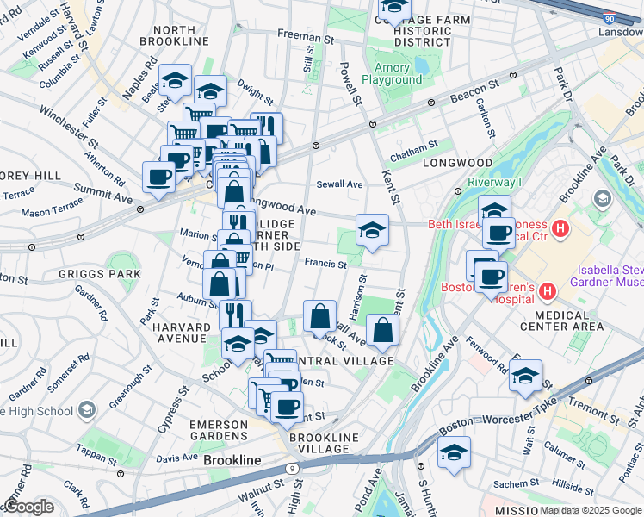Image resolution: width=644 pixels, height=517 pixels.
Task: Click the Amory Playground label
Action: pyautogui.click(x=398, y=73)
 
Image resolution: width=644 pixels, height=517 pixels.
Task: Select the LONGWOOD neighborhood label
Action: pyautogui.click(x=457, y=162)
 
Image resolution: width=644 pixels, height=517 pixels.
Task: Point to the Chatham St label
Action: pyautogui.click(x=413, y=153)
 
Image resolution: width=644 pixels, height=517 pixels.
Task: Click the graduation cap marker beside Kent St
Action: pyautogui.click(x=372, y=230)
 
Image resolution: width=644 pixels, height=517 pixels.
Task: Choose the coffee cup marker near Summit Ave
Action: pyautogui.click(x=158, y=178)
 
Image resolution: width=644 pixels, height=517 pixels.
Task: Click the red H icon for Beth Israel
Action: pyautogui.click(x=560, y=230)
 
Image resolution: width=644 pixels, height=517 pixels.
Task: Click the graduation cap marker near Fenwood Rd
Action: pyautogui.click(x=525, y=376)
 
